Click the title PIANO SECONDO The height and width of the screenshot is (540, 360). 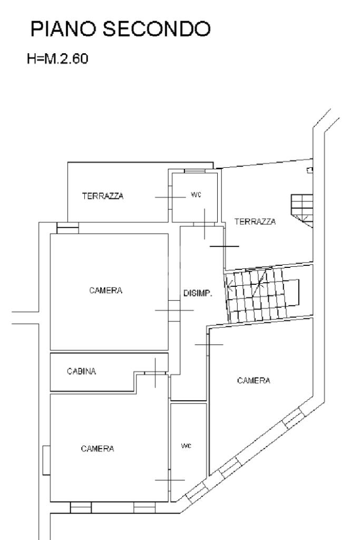tap(120, 29)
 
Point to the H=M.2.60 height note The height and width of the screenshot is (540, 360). tap(58, 58)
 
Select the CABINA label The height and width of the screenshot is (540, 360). tap(82, 371)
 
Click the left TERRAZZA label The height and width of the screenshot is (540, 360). tap(103, 196)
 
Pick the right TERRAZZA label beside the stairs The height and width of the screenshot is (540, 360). tap(255, 222)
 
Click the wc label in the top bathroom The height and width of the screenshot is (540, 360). tap(196, 195)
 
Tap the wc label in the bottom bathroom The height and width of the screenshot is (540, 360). tap(186, 446)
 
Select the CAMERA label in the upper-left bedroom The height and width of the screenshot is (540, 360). tap(106, 291)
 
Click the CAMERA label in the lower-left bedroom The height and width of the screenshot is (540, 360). tap(98, 449)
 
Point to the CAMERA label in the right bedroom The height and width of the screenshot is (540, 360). tap(254, 380)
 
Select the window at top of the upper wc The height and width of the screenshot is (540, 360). tap(194, 171)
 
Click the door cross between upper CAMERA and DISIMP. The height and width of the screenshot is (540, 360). tap(174, 310)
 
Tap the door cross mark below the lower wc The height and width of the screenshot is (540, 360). tap(170, 480)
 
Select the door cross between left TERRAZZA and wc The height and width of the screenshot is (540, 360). tap(169, 197)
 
